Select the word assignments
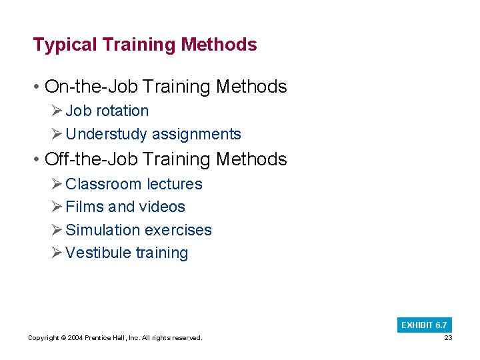click(197, 134)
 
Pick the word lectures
click(174, 184)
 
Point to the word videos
click(163, 207)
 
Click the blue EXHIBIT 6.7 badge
click(424, 325)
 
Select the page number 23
click(447, 338)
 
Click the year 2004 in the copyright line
click(75, 338)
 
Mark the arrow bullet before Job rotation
click(56, 111)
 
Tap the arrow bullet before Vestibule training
click(56, 253)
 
